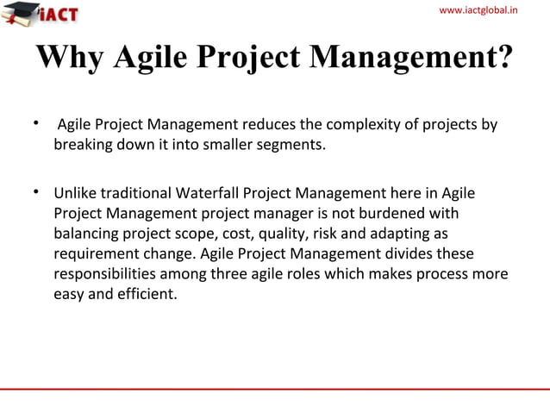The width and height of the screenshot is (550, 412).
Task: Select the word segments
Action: click(293, 145)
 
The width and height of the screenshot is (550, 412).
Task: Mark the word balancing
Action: click(87, 233)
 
